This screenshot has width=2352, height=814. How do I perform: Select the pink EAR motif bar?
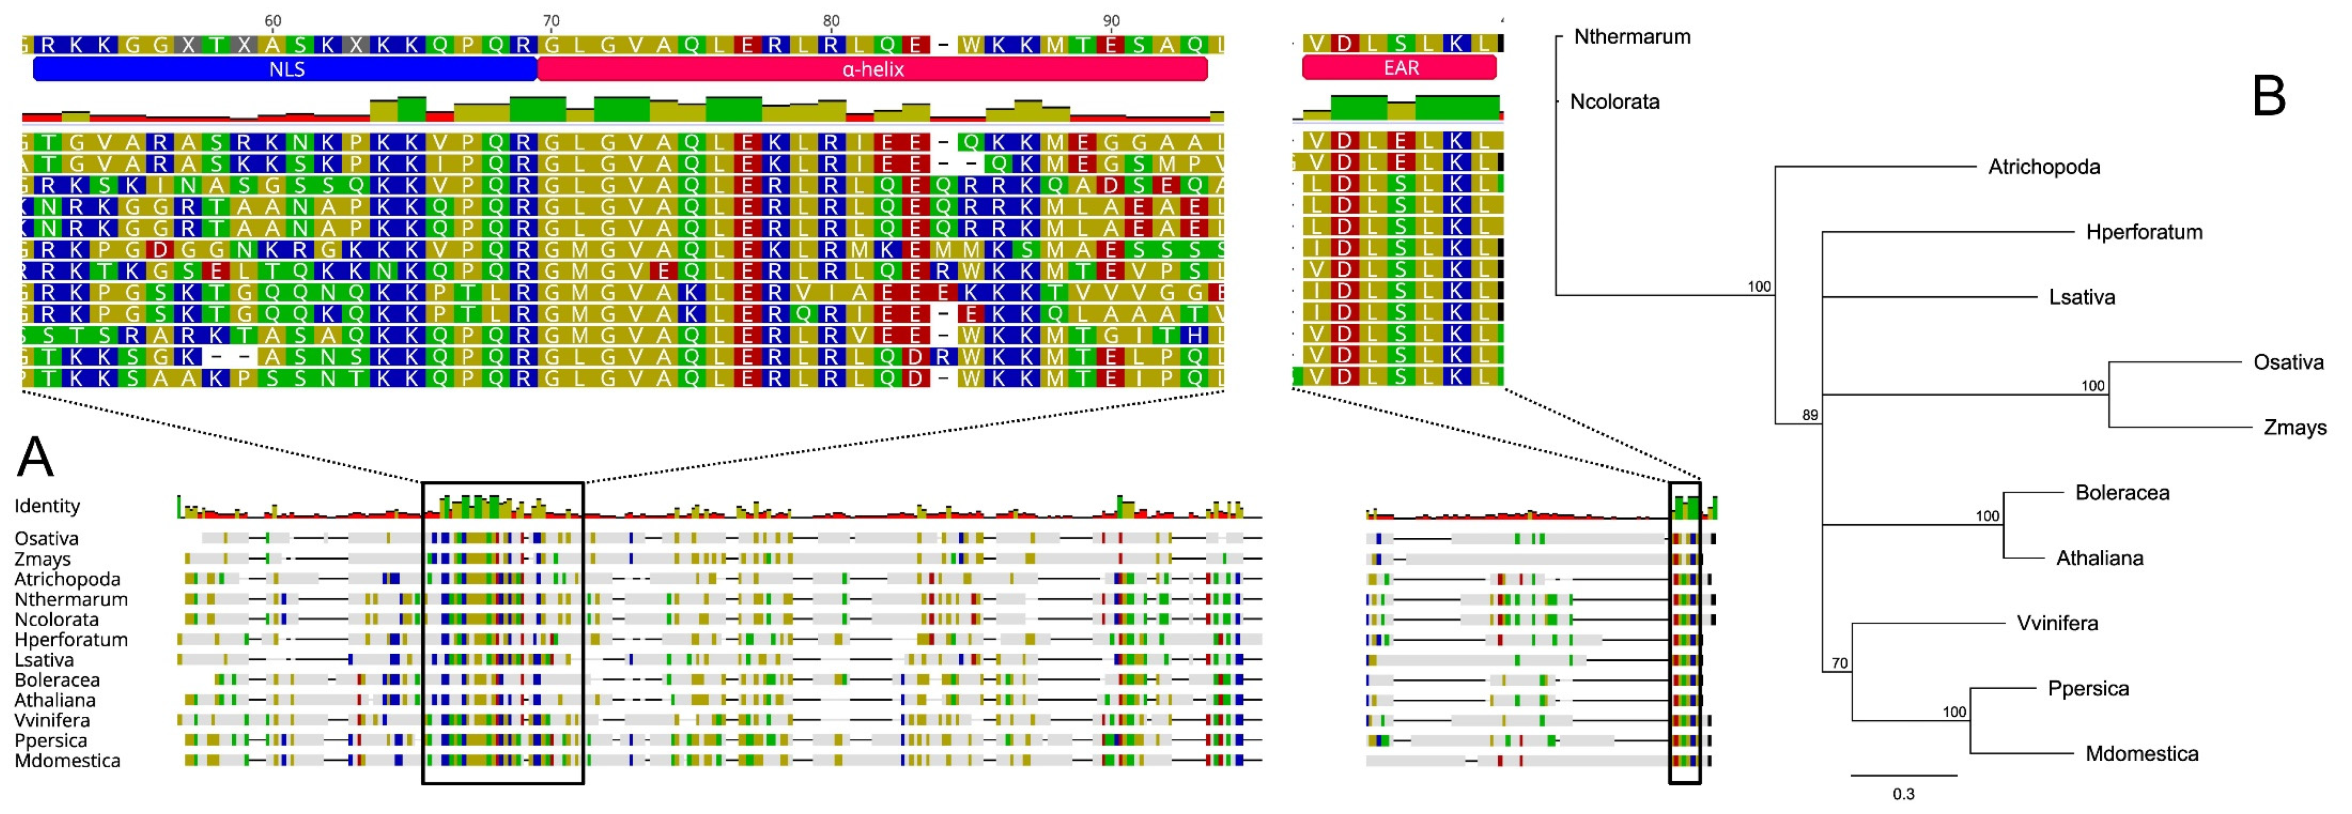click(x=1400, y=67)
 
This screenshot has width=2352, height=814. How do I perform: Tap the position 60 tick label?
click(x=272, y=20)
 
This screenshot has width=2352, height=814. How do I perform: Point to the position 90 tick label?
click(x=1110, y=20)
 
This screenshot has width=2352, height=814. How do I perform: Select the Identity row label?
click(x=46, y=505)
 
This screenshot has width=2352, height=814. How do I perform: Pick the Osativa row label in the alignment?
click(x=45, y=538)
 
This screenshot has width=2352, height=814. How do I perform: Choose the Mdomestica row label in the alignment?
click(x=67, y=760)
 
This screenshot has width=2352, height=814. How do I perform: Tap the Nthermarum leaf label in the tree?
click(x=1631, y=37)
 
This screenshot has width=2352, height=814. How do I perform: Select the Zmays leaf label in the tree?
click(x=2295, y=427)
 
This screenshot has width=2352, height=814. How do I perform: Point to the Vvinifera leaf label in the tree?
click(x=2057, y=623)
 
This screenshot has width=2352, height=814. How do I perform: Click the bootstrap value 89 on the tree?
click(x=1809, y=415)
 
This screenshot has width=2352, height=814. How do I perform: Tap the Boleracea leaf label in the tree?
click(x=2122, y=493)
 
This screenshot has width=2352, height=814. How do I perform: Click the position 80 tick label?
click(x=830, y=20)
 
